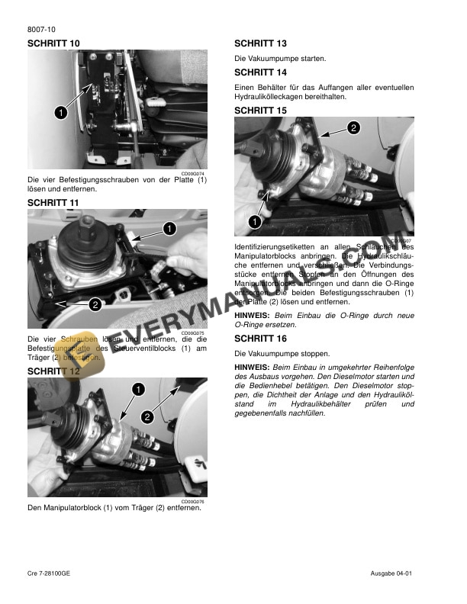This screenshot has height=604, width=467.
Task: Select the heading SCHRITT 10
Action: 53,43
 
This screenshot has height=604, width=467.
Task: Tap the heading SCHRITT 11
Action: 53,203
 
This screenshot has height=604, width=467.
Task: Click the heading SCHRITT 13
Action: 260,43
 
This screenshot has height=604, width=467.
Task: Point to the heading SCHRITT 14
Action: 260,72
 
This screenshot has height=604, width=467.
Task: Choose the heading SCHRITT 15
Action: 260,110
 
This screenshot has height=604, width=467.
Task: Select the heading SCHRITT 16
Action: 260,338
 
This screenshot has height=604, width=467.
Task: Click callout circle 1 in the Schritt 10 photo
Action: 59,112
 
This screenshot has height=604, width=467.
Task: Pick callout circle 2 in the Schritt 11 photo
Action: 95,305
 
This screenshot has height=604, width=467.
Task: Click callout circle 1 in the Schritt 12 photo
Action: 138,389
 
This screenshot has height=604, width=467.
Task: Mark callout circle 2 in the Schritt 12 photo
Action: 147,417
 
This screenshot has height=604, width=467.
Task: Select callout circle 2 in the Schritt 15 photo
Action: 353,127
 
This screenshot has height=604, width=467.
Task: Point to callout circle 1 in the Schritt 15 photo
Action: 253,221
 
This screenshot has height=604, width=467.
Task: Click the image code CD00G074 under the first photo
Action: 194,173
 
